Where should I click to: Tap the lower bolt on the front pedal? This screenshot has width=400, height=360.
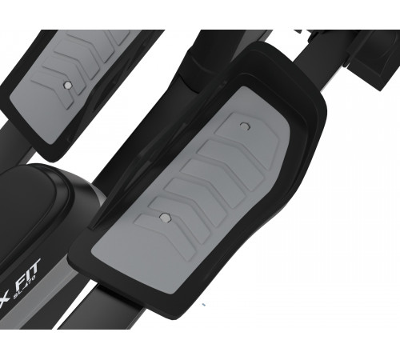163,216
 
